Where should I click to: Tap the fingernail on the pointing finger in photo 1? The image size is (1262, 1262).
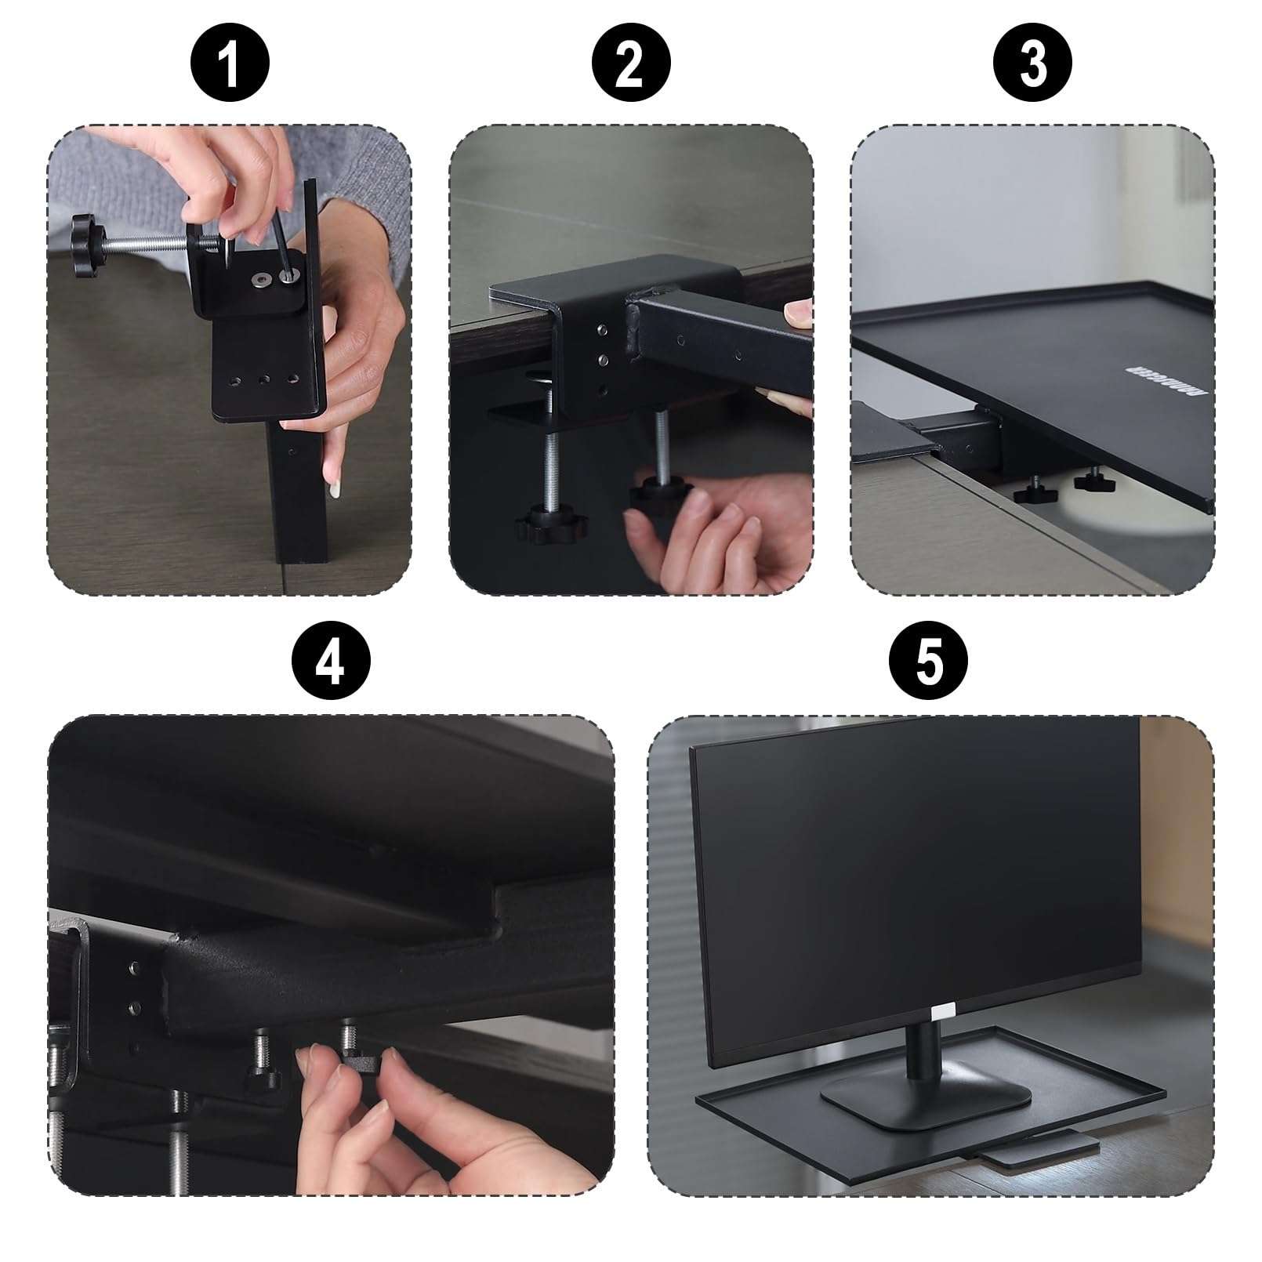pos(335,488)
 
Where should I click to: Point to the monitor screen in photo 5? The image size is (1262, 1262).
pos(917,862)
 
